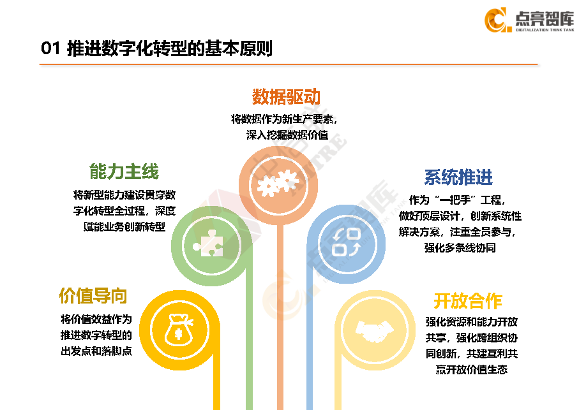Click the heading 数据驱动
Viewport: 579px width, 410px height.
click(286, 97)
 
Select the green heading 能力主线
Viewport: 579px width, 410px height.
click(124, 171)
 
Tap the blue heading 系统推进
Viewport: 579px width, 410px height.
click(458, 177)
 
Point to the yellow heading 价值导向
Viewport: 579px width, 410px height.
click(93, 296)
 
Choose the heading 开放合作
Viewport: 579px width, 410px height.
click(468, 300)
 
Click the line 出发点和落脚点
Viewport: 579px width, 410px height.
click(96, 351)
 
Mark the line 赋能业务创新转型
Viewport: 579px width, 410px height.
click(124, 227)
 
